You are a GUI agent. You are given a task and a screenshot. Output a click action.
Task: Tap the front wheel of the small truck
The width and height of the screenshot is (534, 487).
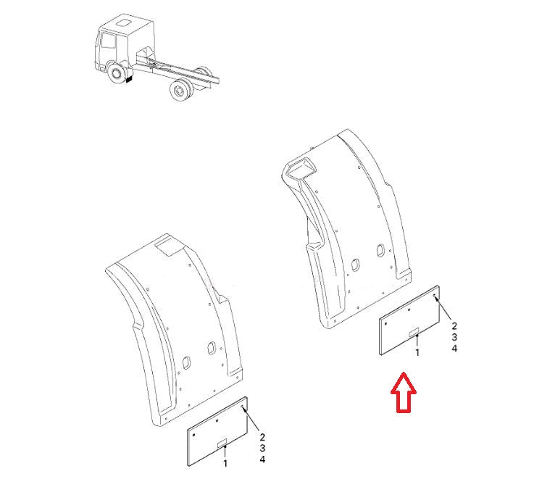116,74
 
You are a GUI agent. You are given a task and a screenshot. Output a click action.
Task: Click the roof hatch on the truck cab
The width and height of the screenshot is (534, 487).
122,25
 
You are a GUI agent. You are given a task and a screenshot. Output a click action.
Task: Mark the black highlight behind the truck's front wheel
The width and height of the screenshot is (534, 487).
129,83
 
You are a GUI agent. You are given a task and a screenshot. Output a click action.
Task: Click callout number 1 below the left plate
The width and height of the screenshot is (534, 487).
225,462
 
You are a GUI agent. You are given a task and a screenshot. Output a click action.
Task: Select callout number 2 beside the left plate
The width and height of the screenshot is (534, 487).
263,438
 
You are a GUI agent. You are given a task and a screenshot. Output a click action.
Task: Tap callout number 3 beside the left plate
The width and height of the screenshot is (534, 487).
263,449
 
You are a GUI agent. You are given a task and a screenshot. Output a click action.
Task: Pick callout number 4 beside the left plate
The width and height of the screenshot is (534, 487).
263,460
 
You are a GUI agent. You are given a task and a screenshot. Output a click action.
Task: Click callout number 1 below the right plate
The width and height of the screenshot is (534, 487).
417,352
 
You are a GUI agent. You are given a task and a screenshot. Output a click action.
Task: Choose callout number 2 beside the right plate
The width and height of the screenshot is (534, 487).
454,326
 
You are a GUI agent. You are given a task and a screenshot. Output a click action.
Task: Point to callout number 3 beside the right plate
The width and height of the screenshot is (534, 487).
454,338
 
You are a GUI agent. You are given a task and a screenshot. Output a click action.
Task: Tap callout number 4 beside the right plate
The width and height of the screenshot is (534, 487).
454,349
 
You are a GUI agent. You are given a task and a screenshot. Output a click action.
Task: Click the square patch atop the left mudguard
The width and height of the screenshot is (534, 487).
172,249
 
